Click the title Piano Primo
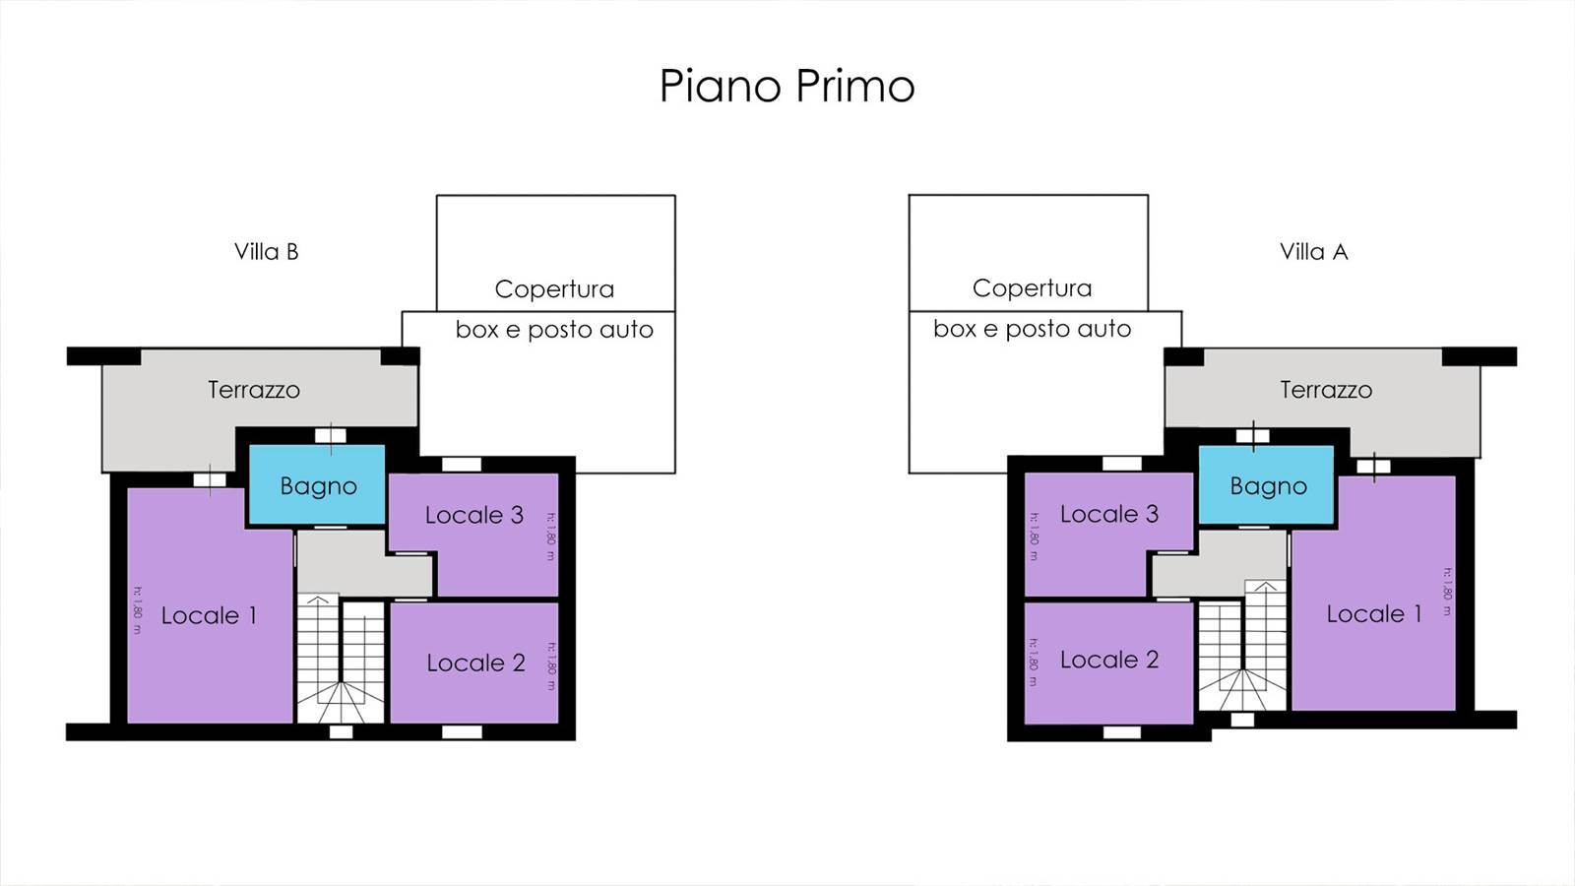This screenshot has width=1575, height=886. [787, 86]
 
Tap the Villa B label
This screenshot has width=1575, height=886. [266, 252]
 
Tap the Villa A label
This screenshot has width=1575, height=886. [1313, 252]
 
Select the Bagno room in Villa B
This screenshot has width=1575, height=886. [317, 485]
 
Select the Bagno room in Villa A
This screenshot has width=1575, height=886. [1268, 485]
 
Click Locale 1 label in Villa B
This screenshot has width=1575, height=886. [209, 616]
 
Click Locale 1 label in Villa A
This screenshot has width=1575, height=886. [1373, 614]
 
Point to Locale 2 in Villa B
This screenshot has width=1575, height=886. [475, 663]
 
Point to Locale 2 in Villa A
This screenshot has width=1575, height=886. [1109, 660]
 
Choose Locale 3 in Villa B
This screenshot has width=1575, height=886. [473, 515]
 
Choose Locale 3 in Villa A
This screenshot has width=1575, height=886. [1109, 514]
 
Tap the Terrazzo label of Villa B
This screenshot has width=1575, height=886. [253, 390]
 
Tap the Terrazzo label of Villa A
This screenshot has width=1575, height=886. [1325, 390]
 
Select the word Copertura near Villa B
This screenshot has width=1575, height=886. [554, 289]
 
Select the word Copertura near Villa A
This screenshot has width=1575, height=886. [1032, 288]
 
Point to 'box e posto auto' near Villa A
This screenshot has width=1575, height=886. [1032, 329]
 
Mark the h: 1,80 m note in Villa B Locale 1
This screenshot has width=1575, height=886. [138, 610]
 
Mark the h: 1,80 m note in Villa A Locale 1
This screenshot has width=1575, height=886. [1446, 591]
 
